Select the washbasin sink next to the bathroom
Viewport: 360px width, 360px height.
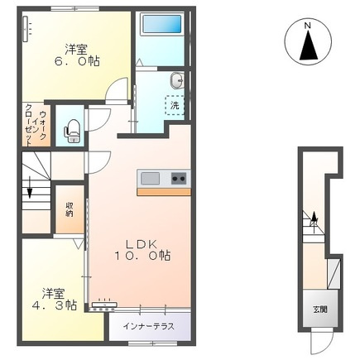point(176,80)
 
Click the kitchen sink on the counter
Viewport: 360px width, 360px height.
point(150,178)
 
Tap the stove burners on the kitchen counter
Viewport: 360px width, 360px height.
point(180,178)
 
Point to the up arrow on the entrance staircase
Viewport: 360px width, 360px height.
point(313,218)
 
